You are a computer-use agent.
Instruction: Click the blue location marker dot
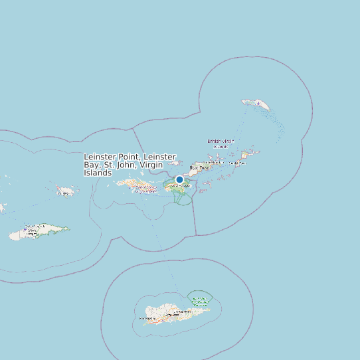point(179,179)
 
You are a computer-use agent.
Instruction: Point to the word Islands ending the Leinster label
point(98,173)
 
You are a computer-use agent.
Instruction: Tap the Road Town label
point(199,168)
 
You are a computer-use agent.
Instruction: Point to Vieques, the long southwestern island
point(37,232)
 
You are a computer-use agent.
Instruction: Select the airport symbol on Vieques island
point(27,232)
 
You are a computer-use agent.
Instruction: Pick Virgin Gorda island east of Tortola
point(244,155)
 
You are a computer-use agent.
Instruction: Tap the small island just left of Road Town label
point(176,163)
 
